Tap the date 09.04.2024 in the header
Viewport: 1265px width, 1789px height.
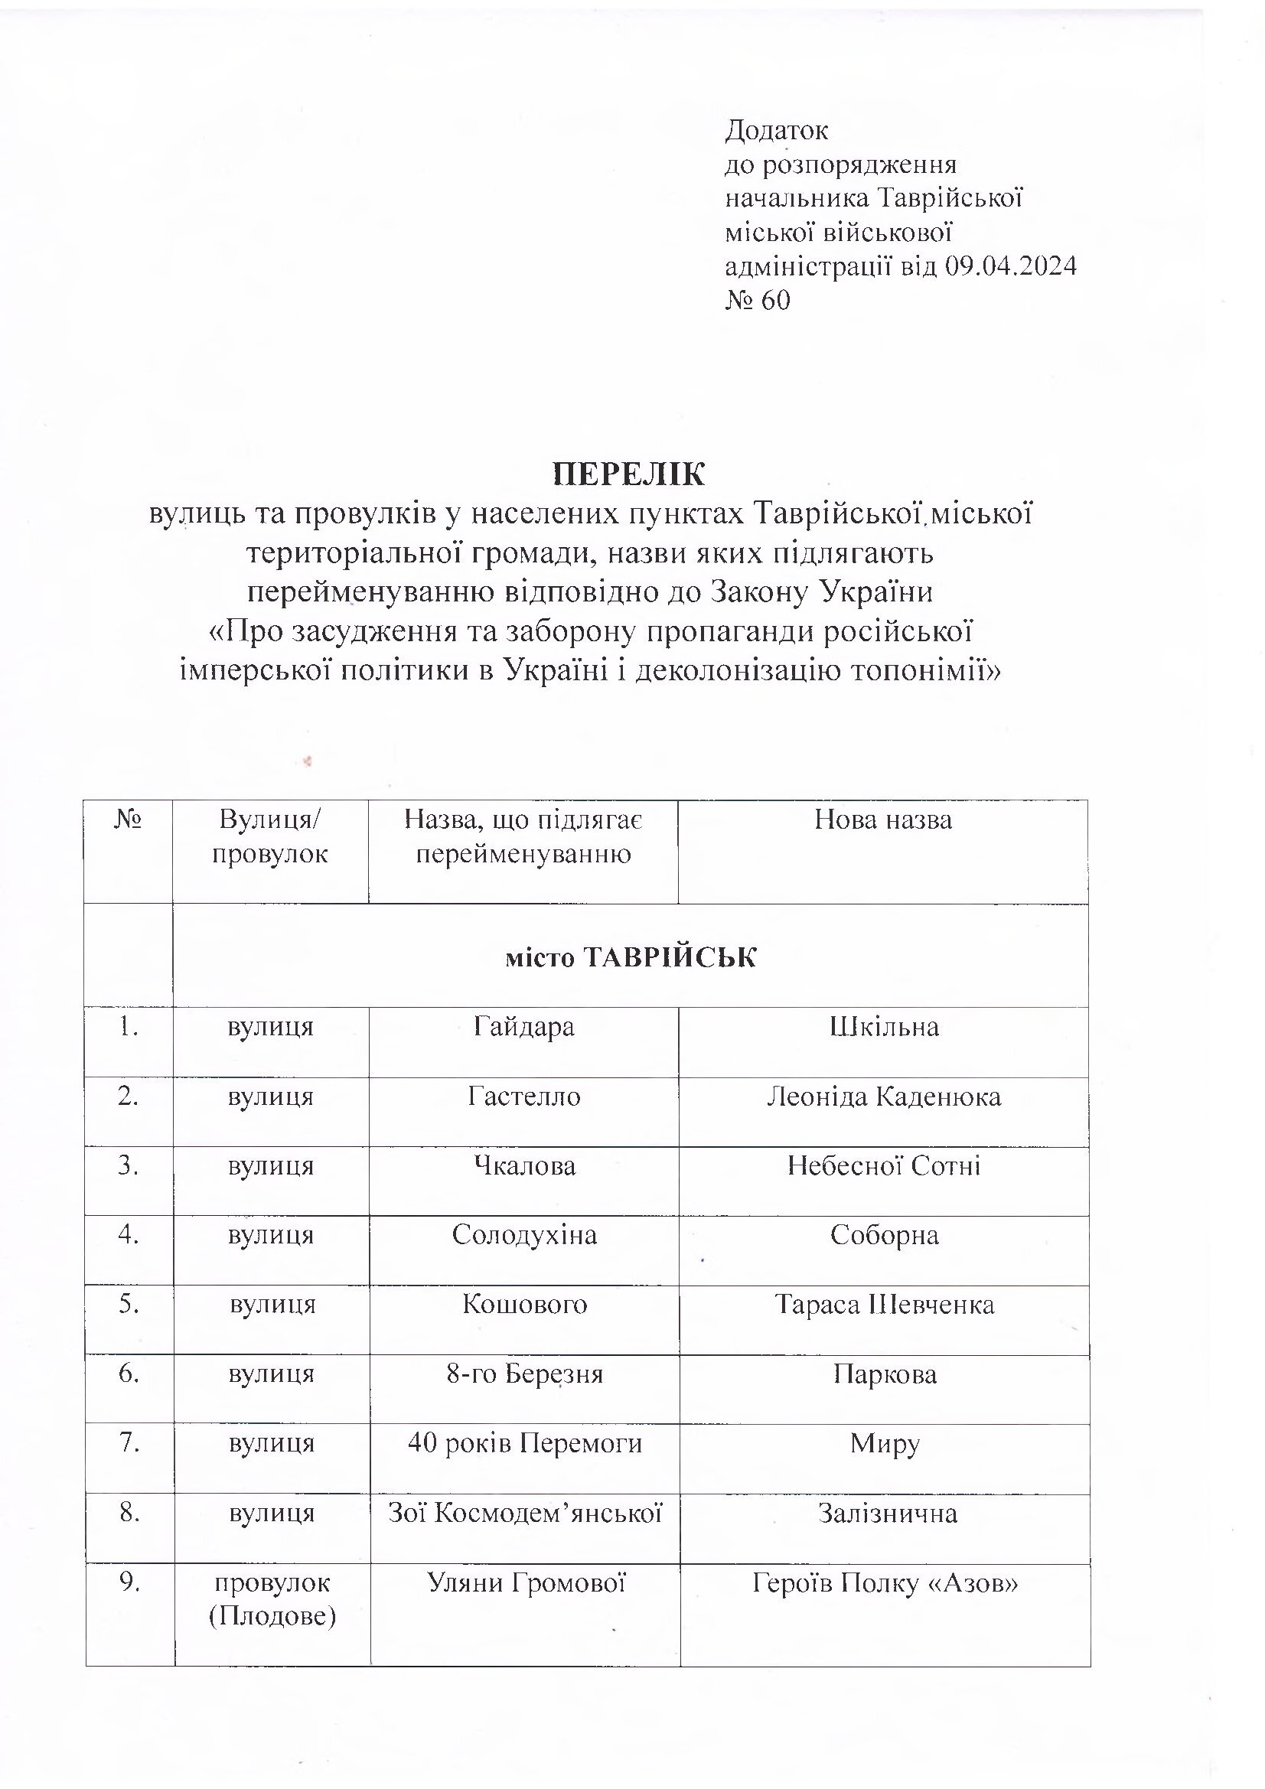tap(1010, 266)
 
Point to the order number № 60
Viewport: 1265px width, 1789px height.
tap(758, 300)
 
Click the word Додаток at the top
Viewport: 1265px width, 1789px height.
tap(776, 130)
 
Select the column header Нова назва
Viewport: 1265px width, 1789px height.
tap(883, 820)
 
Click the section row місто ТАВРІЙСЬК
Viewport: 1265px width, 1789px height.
tap(631, 956)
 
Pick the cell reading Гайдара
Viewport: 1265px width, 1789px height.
tap(523, 1027)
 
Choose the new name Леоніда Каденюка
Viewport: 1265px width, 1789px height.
tap(884, 1097)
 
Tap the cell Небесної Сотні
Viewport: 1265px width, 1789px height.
tap(884, 1165)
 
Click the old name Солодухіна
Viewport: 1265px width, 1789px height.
tap(523, 1235)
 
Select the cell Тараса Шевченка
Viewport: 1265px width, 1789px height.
tap(884, 1305)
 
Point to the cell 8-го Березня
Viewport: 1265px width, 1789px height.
tap(524, 1374)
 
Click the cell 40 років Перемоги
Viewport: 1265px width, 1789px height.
tap(524, 1443)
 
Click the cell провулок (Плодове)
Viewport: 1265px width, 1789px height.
tap(272, 1599)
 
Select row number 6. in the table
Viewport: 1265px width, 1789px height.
tap(129, 1374)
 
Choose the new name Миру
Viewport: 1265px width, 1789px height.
tap(885, 1444)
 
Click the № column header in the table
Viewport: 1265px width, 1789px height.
tap(128, 820)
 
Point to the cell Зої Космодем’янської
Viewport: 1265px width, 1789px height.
tap(524, 1514)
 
